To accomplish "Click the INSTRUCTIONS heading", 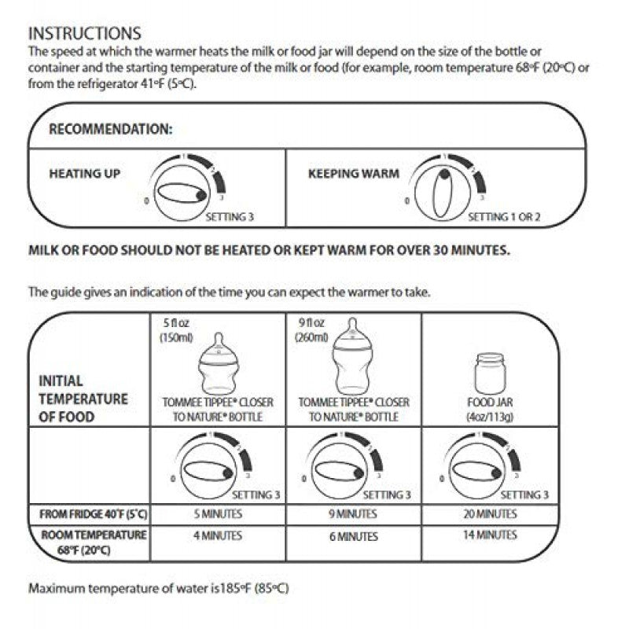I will click(x=84, y=33).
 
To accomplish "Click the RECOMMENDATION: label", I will click(x=111, y=130).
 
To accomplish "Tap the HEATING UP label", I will click(x=85, y=173).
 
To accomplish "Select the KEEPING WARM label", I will click(x=353, y=173).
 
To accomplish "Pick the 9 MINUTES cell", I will click(x=353, y=514).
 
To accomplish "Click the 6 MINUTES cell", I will click(x=353, y=536).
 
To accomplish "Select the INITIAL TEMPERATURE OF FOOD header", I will click(x=83, y=399).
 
